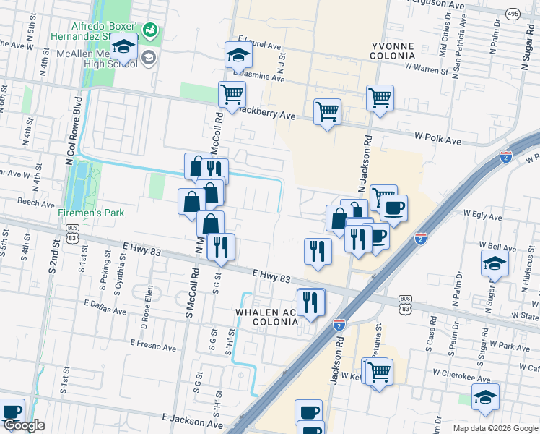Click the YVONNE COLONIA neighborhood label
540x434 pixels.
pyautogui.click(x=393, y=51)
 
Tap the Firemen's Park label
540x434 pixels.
pyautogui.click(x=92, y=213)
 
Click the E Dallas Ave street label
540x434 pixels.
pyautogui.click(x=105, y=307)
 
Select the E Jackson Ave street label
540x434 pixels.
pyautogui.click(x=191, y=419)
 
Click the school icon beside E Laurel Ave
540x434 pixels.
pyautogui.click(x=238, y=54)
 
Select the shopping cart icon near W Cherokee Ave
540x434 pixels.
pyautogui.click(x=379, y=373)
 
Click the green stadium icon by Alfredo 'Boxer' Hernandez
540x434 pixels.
pyautogui.click(x=150, y=30)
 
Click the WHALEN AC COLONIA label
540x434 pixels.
pyautogui.click(x=265, y=317)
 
